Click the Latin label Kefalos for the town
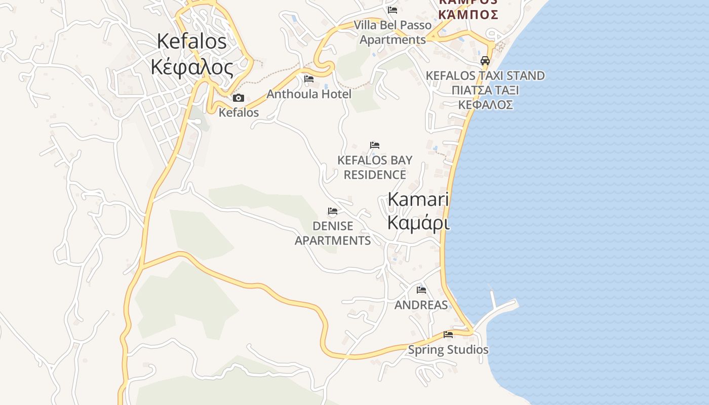click(192, 42)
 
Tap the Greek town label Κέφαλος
click(192, 66)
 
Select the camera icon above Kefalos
click(239, 98)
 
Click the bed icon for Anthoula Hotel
click(309, 79)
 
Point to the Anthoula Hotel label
click(309, 94)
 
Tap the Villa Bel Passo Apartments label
click(392, 32)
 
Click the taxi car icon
click(485, 61)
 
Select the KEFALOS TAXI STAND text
click(485, 75)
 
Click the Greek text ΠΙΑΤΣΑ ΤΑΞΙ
click(485, 90)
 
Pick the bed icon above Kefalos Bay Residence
click(375, 145)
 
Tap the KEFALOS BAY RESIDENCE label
click(375, 167)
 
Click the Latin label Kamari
click(418, 199)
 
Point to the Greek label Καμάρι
click(418, 222)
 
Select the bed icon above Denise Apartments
click(333, 211)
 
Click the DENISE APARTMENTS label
click(333, 233)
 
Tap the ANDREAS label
click(421, 305)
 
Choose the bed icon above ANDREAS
click(421, 290)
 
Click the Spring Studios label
click(448, 349)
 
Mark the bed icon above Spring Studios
click(448, 335)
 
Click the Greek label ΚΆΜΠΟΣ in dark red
click(468, 14)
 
